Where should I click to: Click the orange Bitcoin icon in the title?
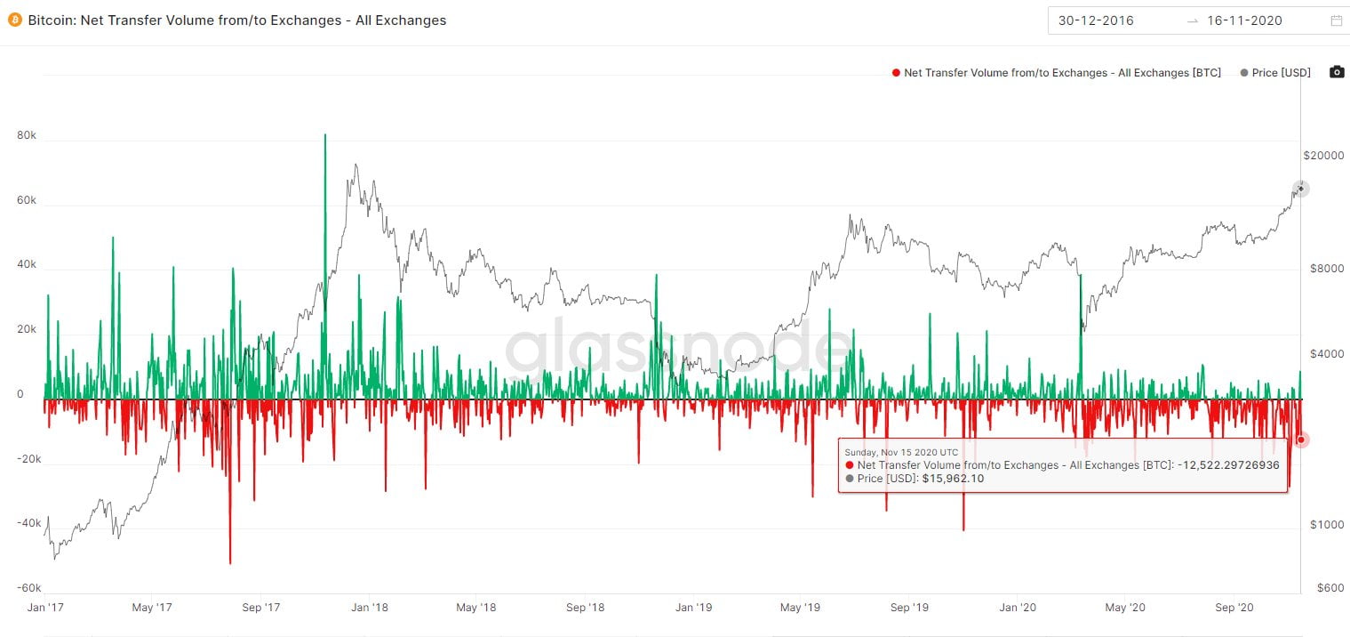[14, 20]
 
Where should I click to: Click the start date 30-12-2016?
[1096, 20]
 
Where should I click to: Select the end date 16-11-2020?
[1244, 20]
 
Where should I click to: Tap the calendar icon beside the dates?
[1336, 20]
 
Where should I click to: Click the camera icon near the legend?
[1336, 72]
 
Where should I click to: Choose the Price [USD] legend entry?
[1275, 73]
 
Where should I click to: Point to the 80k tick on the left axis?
[27, 136]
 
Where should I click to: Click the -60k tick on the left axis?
[28, 588]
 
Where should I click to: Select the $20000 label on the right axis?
[1323, 156]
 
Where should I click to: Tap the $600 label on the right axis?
[1329, 587]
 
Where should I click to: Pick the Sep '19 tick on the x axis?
[909, 608]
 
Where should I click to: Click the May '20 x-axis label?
[1125, 608]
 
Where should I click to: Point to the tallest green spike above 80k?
[325, 135]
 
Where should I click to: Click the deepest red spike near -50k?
[230, 562]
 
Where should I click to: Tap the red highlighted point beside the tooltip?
[1301, 439]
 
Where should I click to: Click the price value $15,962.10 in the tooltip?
[953, 479]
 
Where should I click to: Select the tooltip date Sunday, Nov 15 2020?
[902, 452]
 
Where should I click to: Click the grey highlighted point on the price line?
[1301, 188]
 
